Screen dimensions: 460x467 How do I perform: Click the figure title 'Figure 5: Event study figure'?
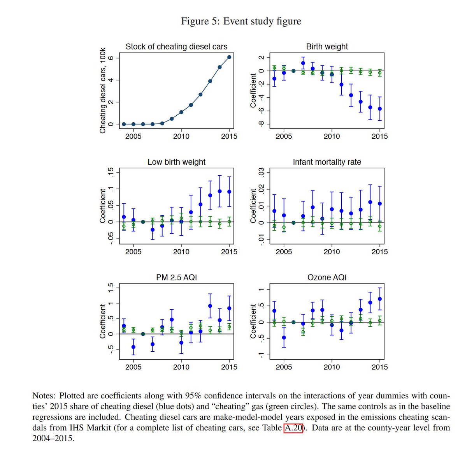tap(241, 21)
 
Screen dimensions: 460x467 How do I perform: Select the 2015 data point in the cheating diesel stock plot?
tap(229, 57)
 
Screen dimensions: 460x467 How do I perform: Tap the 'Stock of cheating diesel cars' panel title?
tap(176, 47)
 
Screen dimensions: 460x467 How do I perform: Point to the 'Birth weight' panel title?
tap(327, 47)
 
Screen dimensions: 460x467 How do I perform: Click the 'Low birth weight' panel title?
tap(176, 162)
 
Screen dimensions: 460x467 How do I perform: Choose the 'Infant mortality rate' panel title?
tap(327, 162)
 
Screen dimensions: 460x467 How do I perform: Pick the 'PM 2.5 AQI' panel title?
tap(176, 277)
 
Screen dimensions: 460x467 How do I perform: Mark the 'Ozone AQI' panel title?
tap(327, 277)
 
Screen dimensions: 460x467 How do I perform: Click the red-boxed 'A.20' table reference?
tap(293, 428)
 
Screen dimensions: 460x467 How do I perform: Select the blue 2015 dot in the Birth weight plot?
tap(380, 109)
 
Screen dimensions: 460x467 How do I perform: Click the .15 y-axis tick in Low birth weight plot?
tap(111, 172)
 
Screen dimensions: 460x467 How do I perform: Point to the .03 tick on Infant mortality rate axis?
tap(261, 172)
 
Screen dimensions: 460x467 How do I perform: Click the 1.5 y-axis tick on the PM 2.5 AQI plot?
tap(111, 287)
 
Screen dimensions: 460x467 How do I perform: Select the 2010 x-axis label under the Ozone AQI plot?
tap(332, 367)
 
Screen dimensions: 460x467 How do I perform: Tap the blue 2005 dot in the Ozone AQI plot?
tap(284, 338)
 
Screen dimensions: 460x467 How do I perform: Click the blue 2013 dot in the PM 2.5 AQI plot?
tap(210, 306)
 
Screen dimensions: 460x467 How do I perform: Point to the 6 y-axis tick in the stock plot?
tap(111, 58)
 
